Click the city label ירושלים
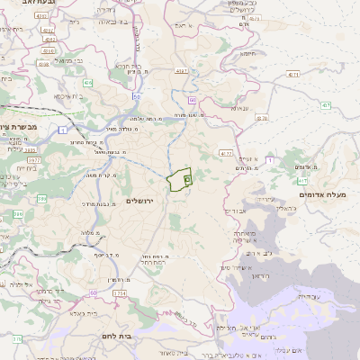142,201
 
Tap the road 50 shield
136,94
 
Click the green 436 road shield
88,83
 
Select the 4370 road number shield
262,118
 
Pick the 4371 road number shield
180,70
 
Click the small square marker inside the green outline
187,180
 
